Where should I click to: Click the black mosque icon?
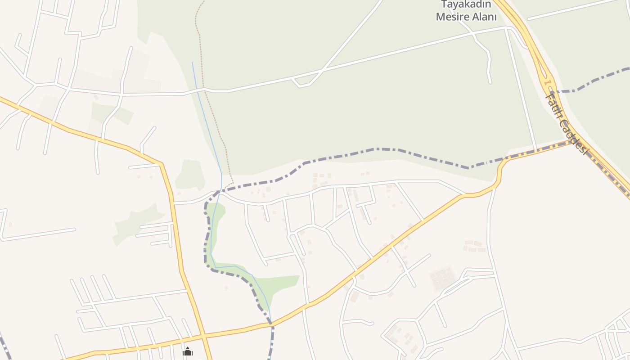[x=188, y=351]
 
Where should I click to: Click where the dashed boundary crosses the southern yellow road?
[x=271, y=323]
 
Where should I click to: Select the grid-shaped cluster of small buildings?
[x=443, y=278]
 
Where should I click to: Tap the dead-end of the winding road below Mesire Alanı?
[x=490, y=83]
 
